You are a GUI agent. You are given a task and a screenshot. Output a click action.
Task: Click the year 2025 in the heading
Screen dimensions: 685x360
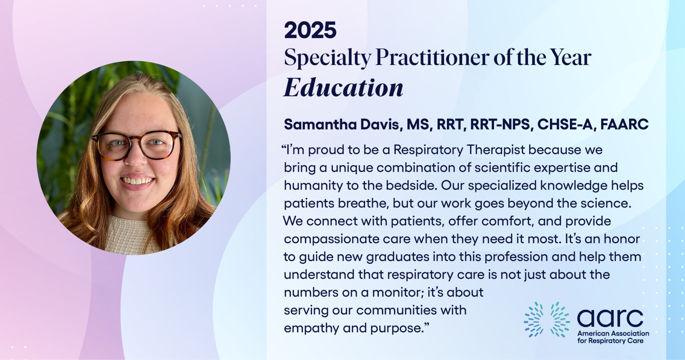[x=310, y=30]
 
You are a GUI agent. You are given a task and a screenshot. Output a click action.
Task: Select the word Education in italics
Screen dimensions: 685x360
[x=344, y=88]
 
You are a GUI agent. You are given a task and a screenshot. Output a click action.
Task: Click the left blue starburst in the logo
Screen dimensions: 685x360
[x=534, y=319]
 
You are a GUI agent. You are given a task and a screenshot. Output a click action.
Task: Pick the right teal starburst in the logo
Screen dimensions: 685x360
[x=560, y=319]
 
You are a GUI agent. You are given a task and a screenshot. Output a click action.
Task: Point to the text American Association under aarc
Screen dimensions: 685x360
[x=613, y=333]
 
